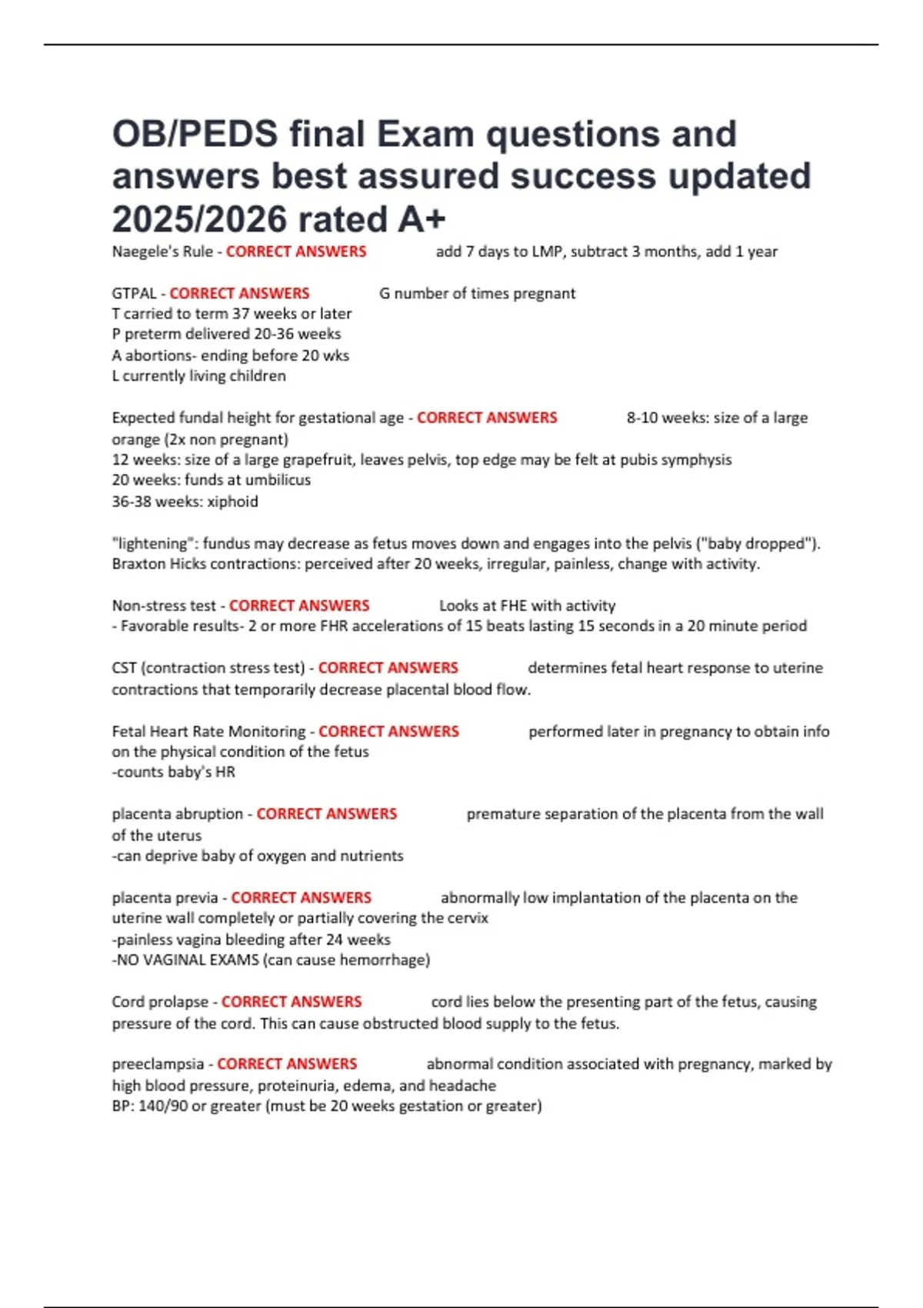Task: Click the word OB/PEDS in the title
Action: [x=195, y=135]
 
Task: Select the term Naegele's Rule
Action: [x=162, y=252]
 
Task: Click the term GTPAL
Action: [x=134, y=293]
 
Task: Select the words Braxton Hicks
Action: [x=159, y=564]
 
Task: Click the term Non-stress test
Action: [x=164, y=606]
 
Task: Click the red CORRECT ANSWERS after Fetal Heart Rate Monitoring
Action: [x=388, y=732]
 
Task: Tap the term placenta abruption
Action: [x=177, y=814]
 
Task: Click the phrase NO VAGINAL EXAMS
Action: [x=187, y=960]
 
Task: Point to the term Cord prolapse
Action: [x=160, y=1002]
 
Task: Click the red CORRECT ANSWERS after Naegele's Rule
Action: [x=296, y=252]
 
